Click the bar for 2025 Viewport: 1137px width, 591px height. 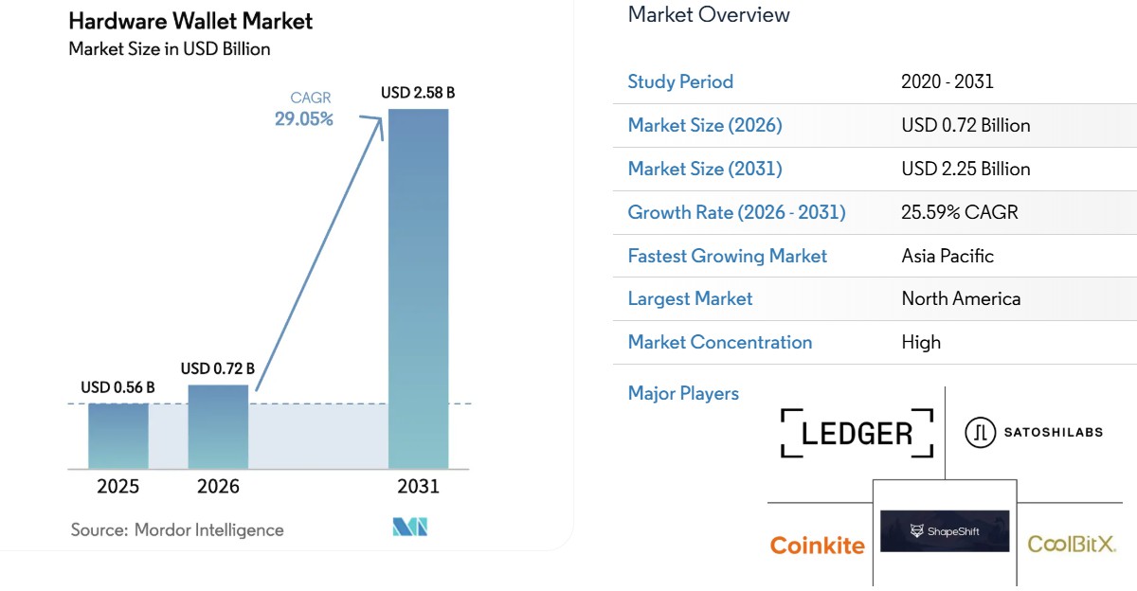tap(118, 436)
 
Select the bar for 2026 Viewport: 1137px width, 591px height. tap(218, 426)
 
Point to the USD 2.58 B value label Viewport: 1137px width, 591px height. tap(418, 93)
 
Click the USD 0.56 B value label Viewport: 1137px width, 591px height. tap(117, 387)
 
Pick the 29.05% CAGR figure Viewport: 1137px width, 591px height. tap(304, 119)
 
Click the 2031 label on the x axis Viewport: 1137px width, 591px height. tap(418, 487)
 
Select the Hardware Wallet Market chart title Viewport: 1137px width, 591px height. tap(190, 20)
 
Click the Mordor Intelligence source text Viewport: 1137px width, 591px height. tap(177, 529)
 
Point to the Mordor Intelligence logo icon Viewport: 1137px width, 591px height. tap(410, 528)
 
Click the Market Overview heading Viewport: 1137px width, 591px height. tap(709, 14)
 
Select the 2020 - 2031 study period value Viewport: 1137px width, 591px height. tap(947, 81)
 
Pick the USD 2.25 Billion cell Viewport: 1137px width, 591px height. tap(966, 169)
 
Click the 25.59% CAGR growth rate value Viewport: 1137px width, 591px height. tap(960, 212)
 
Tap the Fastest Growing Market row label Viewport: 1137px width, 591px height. tap(727, 256)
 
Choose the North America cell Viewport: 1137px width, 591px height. tap(961, 298)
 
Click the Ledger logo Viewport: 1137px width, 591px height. tap(857, 433)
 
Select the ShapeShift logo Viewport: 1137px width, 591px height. tap(945, 531)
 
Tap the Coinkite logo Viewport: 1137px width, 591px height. tap(817, 546)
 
